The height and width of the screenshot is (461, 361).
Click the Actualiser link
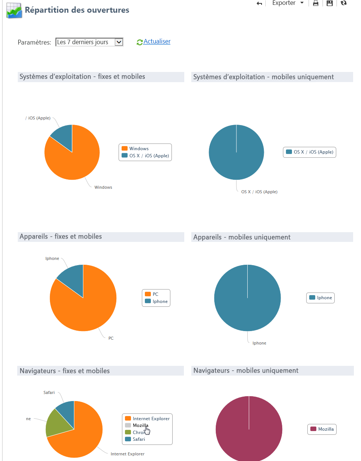[x=156, y=42]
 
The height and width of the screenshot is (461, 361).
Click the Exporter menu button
[x=287, y=3]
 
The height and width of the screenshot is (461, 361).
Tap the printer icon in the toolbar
[x=316, y=3]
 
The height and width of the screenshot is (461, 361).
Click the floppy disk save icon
[x=329, y=3]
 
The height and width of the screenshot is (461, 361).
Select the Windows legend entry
[x=138, y=149]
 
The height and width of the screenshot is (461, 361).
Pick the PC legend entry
[x=155, y=294]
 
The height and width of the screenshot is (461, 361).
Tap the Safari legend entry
[x=138, y=439]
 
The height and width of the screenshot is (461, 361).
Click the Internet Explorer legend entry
[x=151, y=419]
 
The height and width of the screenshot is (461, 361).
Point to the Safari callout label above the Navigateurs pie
[x=49, y=392]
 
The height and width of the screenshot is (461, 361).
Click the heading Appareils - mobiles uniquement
[x=242, y=237]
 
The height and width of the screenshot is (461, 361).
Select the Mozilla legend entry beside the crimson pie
[x=325, y=429]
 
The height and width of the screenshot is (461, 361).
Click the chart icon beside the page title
[x=15, y=10]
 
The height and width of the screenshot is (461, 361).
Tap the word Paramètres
[x=34, y=42]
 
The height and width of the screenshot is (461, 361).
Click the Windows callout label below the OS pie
[x=103, y=187]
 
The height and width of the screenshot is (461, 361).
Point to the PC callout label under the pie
[x=111, y=338]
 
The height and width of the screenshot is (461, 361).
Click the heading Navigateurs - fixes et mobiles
[x=65, y=371]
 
